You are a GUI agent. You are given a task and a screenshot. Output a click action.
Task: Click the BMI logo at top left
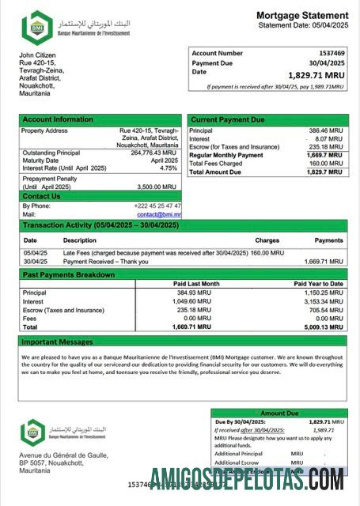[36, 27]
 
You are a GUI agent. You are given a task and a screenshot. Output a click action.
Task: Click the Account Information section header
[58, 119]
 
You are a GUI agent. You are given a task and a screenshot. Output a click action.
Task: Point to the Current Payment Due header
[228, 119]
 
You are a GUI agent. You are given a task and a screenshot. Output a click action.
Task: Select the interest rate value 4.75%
[168, 168]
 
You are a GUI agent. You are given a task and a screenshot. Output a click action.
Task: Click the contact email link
[158, 214]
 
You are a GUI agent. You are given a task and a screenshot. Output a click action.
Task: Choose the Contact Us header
[41, 196]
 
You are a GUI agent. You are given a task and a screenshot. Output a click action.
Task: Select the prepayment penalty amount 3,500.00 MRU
[157, 187]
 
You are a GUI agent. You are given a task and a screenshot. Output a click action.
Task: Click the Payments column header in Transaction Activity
[328, 240]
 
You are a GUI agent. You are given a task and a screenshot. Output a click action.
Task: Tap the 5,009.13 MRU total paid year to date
[324, 326]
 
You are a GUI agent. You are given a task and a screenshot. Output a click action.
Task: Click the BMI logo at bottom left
[33, 432]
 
